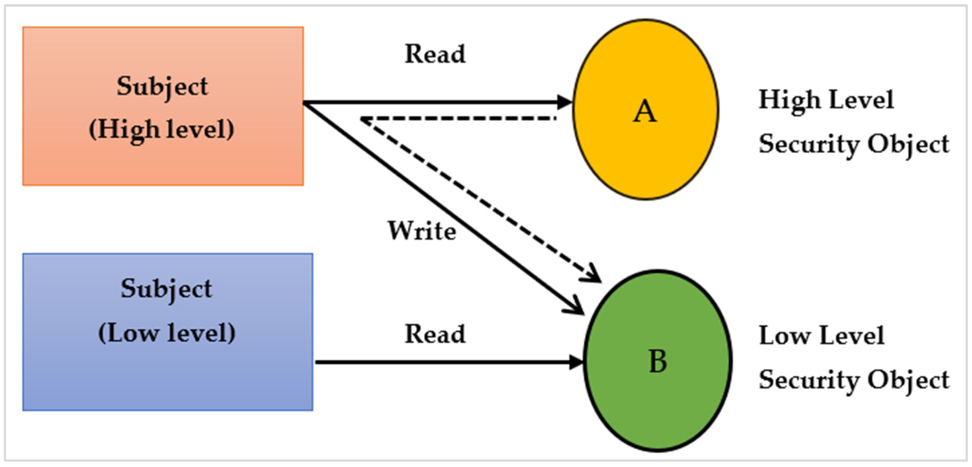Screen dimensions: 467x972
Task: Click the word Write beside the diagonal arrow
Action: pyautogui.click(x=422, y=231)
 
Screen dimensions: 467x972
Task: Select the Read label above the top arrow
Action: pyautogui.click(x=435, y=54)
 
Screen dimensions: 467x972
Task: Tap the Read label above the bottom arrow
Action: pyautogui.click(x=435, y=334)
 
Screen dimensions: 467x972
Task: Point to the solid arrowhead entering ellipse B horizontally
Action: pyautogui.click(x=576, y=362)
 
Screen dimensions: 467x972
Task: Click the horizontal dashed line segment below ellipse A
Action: pyautogui.click(x=458, y=118)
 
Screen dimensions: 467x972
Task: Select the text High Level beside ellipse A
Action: pyautogui.click(x=826, y=100)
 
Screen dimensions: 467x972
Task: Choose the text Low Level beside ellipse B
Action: pyautogui.click(x=821, y=336)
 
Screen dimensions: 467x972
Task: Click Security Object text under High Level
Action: pyautogui.click(x=854, y=145)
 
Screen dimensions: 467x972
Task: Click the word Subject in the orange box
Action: pyautogui.click(x=162, y=87)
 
